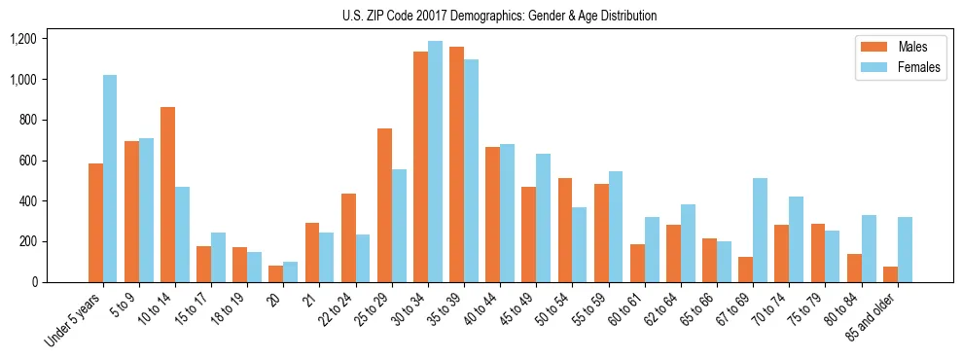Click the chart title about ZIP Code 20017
click(x=499, y=16)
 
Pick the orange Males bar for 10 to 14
click(x=167, y=195)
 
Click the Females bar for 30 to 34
click(x=435, y=162)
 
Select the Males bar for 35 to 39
click(x=456, y=164)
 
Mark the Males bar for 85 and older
click(x=890, y=274)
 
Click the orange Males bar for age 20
click(x=276, y=273)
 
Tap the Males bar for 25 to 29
click(x=384, y=205)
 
